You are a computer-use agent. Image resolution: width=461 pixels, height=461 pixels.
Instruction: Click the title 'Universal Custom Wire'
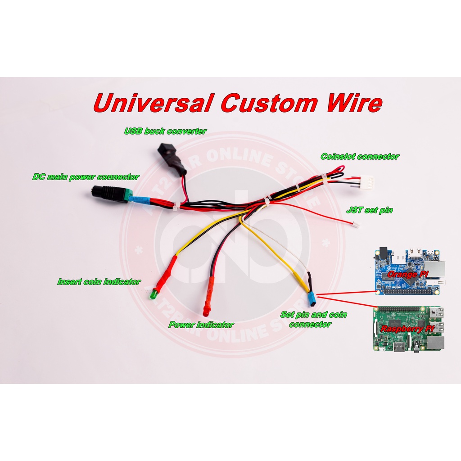tap(238, 103)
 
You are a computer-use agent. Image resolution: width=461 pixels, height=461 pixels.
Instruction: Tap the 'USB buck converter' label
tap(165, 131)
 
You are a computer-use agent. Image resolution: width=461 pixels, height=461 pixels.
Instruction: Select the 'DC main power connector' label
tap(86, 177)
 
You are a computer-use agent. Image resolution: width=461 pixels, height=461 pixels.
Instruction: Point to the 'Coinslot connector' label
tap(360, 157)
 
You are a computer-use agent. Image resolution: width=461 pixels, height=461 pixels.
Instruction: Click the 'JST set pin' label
tap(370, 210)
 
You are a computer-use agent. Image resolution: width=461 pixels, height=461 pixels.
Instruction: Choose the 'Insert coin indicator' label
tap(99, 282)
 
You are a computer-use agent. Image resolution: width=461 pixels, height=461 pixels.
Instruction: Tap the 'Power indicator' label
tap(201, 325)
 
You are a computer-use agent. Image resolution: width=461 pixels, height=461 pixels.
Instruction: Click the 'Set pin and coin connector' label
tap(313, 319)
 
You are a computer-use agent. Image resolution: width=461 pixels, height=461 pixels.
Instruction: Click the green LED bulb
tap(153, 295)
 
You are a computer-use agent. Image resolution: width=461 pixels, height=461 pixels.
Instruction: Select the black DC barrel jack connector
tap(108, 193)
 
